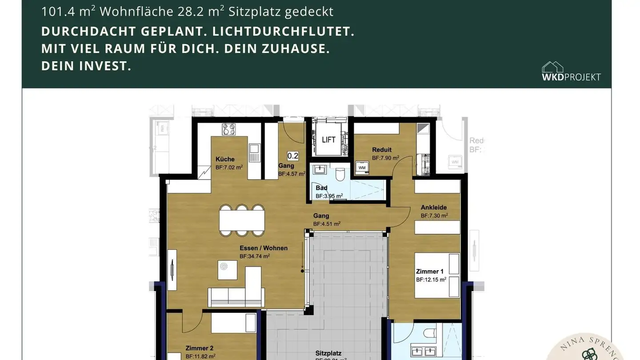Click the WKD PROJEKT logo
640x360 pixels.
coord(571,72)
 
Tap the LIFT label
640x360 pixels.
coord(328,140)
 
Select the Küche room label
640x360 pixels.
coord(225,159)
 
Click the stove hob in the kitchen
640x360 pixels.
coord(229,129)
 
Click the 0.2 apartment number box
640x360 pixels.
coord(293,156)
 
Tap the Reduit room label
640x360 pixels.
coord(382,150)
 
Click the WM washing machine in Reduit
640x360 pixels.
coord(362,168)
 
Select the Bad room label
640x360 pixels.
coord(321,188)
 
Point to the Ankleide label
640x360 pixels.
coord(434,207)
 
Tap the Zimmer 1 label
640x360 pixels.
coord(429,271)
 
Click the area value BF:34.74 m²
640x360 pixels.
coord(255,256)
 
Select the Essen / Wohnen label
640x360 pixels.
coord(264,248)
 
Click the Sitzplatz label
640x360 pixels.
coord(328,353)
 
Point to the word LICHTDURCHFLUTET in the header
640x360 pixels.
coord(284,32)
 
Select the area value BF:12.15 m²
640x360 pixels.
coord(431,280)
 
